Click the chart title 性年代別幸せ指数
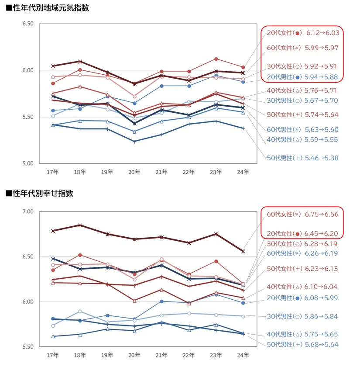pos(42,193)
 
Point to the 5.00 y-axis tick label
pos(27,163)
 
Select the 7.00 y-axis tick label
pos(27,211)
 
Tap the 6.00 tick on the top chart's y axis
pos(27,70)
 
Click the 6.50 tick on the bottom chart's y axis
pos(27,256)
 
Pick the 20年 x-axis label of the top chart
pos(134,172)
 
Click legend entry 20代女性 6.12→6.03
pos(302,33)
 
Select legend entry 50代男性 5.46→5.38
pos(302,158)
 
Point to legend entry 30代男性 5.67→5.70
pos(302,100)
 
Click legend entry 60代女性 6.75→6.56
pos(302,215)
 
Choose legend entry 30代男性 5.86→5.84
pos(302,316)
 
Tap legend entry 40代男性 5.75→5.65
pos(302,334)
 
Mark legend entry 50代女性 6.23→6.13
pos(302,269)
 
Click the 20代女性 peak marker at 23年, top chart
pos(216,59)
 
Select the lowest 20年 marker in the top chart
pos(134,142)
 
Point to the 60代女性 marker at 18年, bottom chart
pos(80,225)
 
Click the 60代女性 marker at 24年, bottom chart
pos(243,251)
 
